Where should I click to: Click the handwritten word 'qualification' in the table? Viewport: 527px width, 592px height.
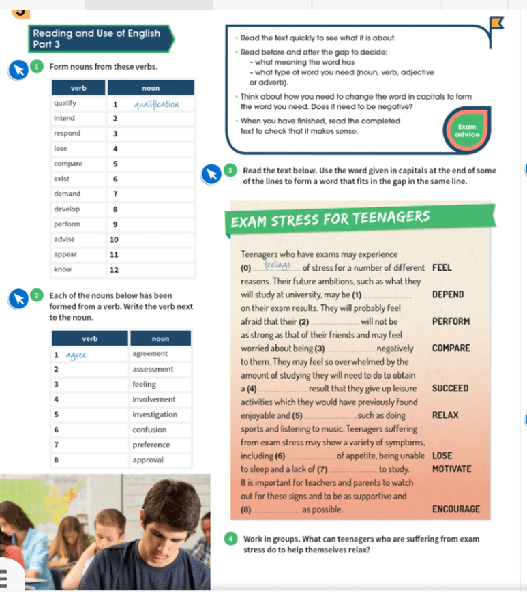tap(156, 104)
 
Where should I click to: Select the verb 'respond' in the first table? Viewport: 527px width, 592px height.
tap(67, 134)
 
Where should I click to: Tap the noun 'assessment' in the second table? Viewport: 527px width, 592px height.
tap(153, 370)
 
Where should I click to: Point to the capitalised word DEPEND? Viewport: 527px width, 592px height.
tap(447, 295)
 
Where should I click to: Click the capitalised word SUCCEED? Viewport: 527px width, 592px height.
tap(450, 389)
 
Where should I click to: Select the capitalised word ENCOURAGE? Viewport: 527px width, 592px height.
tap(455, 509)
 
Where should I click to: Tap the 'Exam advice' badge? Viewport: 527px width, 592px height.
tap(467, 130)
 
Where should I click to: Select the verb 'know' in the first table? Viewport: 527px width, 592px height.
tap(63, 270)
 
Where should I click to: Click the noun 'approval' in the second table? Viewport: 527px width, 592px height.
tap(148, 460)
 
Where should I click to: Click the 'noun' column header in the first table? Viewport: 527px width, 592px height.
tap(151, 88)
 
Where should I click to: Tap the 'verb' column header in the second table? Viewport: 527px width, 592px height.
tap(89, 339)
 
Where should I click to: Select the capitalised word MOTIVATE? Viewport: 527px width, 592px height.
tap(451, 469)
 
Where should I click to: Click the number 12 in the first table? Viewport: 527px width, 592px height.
tap(115, 270)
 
